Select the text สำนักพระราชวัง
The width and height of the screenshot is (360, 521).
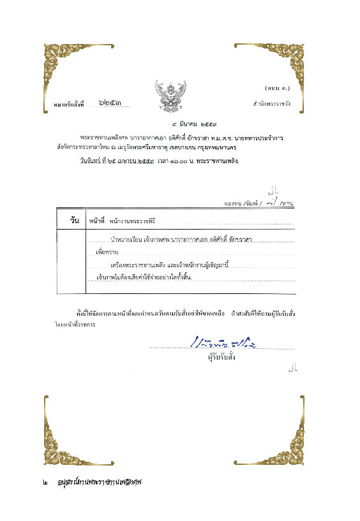point(272,103)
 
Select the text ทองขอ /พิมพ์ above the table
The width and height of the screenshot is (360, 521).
point(239,202)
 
